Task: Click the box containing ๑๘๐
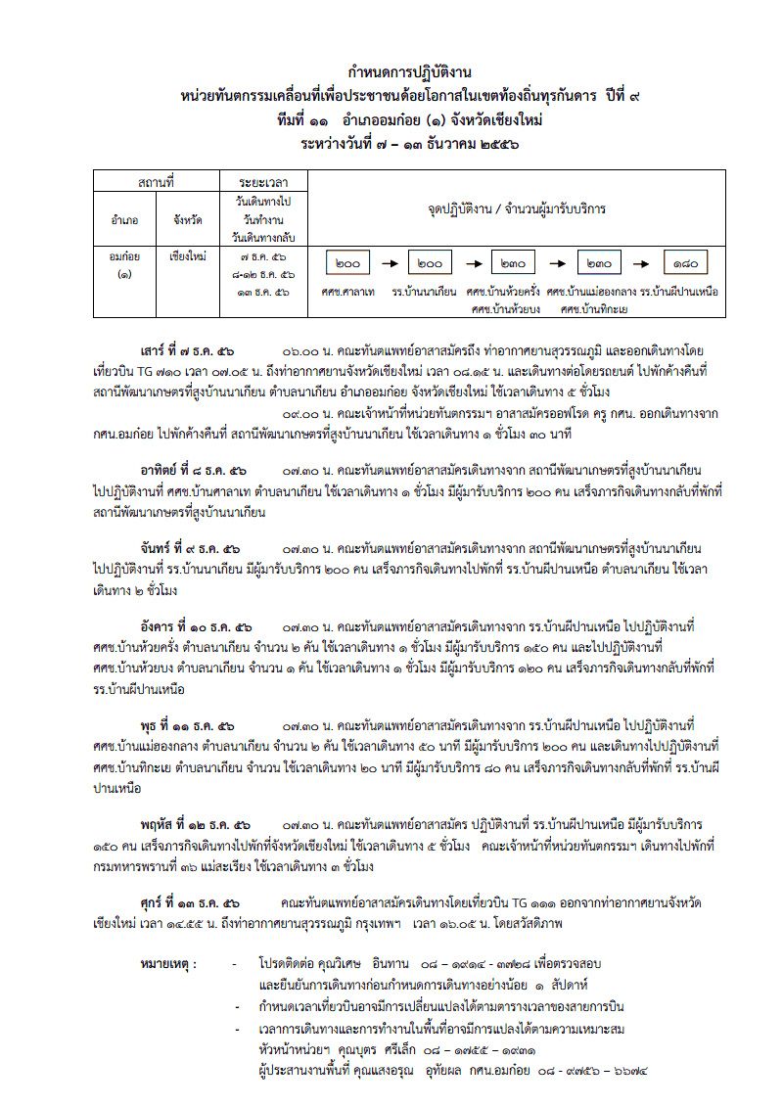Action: tap(684, 263)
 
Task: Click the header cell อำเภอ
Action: tap(124, 219)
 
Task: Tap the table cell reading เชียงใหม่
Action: tap(185, 255)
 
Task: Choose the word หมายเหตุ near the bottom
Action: tap(168, 963)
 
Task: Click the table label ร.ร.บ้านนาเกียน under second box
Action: tap(425, 293)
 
